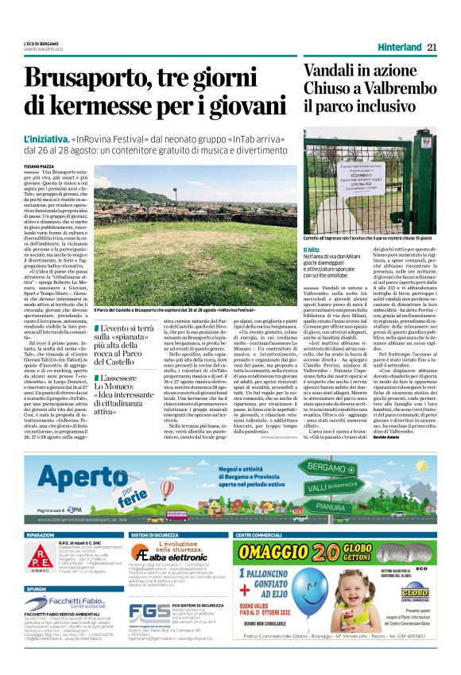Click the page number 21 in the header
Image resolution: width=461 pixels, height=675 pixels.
click(x=432, y=47)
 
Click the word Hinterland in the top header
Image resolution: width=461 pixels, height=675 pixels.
click(x=396, y=47)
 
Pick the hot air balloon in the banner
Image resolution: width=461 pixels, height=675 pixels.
click(x=167, y=487)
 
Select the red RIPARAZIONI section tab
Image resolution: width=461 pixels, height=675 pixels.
click(x=41, y=535)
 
